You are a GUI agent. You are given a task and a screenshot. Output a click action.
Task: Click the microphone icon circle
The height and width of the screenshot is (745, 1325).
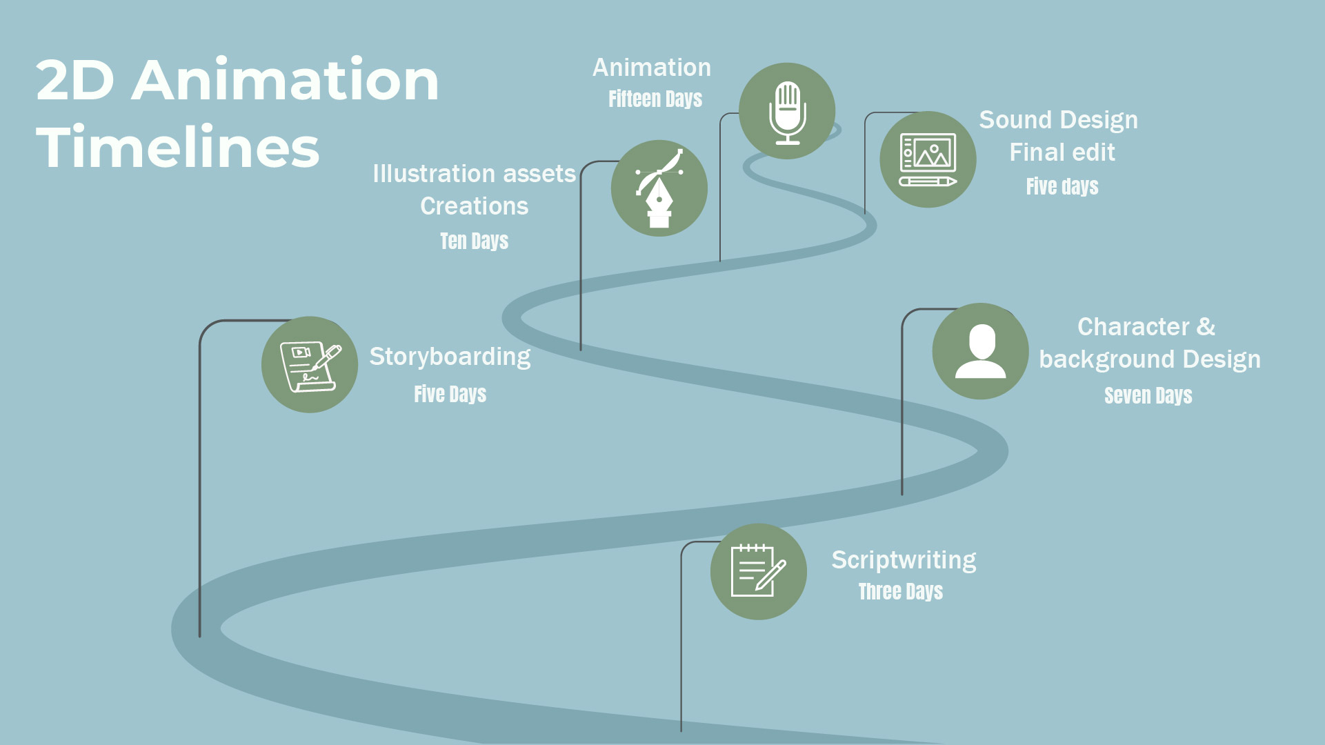[x=787, y=111]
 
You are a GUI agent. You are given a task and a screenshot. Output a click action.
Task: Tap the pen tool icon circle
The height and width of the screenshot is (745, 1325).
[x=659, y=188]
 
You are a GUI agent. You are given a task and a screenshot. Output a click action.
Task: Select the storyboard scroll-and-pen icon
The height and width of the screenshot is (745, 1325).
[x=310, y=365]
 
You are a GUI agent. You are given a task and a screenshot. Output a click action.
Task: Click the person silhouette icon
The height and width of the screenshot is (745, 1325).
[x=980, y=351]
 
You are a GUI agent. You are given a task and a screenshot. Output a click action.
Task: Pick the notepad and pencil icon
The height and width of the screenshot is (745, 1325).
[x=758, y=571]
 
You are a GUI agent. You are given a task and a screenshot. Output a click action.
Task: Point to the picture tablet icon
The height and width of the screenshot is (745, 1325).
[x=928, y=159]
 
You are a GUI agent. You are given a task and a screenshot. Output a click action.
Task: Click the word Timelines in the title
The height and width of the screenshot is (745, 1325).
[x=178, y=148]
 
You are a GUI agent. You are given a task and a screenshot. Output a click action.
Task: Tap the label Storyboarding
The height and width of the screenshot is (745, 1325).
[x=450, y=357]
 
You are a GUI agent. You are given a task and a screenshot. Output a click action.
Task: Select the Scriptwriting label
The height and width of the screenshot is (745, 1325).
[x=904, y=559]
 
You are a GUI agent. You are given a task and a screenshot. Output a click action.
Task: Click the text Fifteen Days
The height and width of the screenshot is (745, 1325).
[x=655, y=99]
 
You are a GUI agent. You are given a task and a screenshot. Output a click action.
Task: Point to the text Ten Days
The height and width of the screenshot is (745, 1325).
[x=474, y=241]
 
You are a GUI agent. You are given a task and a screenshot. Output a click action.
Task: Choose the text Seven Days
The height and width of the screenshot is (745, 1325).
[x=1148, y=395]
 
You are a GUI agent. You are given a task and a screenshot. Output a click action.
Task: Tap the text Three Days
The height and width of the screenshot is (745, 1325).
[x=900, y=591]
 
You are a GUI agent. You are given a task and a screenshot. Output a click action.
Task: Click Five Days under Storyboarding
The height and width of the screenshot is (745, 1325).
[x=450, y=394]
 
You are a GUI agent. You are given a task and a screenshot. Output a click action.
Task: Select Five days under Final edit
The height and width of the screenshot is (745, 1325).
[x=1062, y=186]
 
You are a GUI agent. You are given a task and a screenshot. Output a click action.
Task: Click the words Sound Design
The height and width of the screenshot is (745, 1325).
[x=1058, y=120]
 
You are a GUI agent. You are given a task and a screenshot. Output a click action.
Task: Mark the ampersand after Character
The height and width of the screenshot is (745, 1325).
[x=1206, y=326]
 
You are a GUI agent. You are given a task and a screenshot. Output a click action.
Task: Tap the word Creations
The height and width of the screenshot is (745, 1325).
[x=474, y=206]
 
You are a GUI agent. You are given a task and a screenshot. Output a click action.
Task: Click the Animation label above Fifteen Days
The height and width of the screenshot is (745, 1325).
[x=652, y=68]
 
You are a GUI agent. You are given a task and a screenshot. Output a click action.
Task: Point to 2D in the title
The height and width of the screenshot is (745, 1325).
[x=74, y=81]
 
